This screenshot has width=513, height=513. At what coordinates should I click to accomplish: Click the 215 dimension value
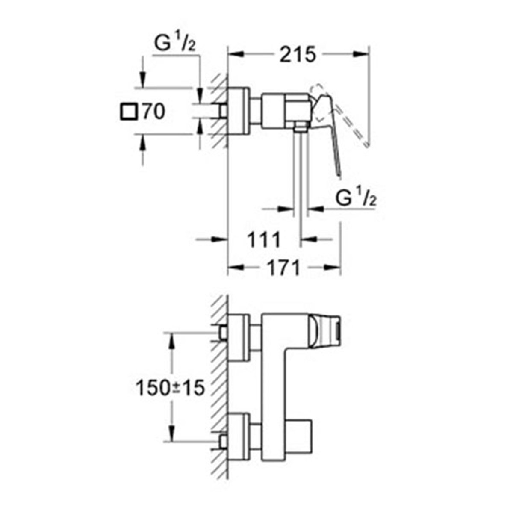pos(298,54)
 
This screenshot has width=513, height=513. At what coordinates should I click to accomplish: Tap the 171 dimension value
pos(283,268)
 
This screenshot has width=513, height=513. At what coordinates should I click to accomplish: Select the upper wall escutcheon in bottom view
pos(239,337)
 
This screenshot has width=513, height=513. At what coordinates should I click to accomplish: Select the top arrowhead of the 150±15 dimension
pos(171,340)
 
